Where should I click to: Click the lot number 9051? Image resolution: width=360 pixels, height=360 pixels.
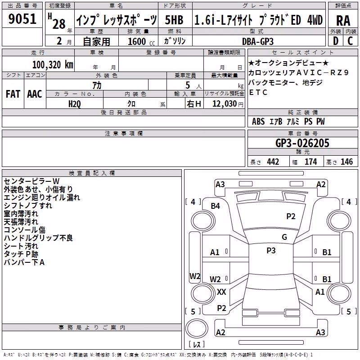pos(22,19)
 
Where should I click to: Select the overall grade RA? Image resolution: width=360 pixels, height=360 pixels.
pos(343,21)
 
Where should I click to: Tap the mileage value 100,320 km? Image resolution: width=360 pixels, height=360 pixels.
pos(53,65)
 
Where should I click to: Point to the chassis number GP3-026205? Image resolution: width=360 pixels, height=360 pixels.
pos(302,143)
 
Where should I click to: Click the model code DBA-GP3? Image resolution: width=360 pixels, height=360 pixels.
pos(257,41)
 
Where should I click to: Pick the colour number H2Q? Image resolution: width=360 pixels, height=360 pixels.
pos(74,104)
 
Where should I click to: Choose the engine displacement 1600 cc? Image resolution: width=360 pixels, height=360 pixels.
pos(141,41)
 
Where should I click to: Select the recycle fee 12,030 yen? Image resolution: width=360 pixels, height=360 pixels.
pos(228,104)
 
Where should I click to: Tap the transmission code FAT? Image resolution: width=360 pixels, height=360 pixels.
pos(13,94)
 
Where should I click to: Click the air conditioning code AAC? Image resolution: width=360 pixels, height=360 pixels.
pos(35,94)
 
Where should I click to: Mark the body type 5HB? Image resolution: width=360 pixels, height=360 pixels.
pos(174,20)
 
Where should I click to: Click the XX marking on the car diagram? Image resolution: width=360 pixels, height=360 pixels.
pos(221,292)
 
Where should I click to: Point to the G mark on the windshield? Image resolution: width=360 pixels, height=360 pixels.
pos(284,237)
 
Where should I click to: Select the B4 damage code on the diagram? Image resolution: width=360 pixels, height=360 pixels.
pos(216,206)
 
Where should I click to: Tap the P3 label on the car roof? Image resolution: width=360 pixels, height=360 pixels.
pos(271,251)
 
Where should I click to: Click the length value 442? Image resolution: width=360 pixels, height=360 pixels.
pos(273,162)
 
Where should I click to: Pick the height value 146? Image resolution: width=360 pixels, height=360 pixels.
pos(346,162)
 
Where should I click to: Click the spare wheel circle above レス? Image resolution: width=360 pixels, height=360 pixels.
pos(197,328)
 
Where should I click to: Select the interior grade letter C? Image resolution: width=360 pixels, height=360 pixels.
pos(350,41)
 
